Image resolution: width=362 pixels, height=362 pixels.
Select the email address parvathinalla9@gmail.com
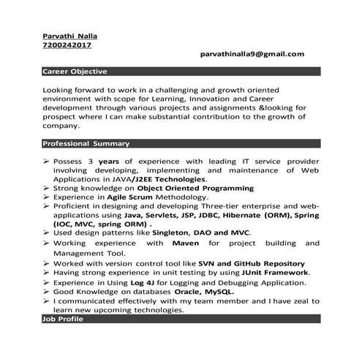[x=252, y=54]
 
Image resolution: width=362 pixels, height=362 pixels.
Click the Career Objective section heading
[x=75, y=72]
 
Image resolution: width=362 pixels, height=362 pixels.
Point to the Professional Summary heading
[x=86, y=143]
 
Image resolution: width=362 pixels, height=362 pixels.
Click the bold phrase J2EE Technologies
[x=167, y=178]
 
